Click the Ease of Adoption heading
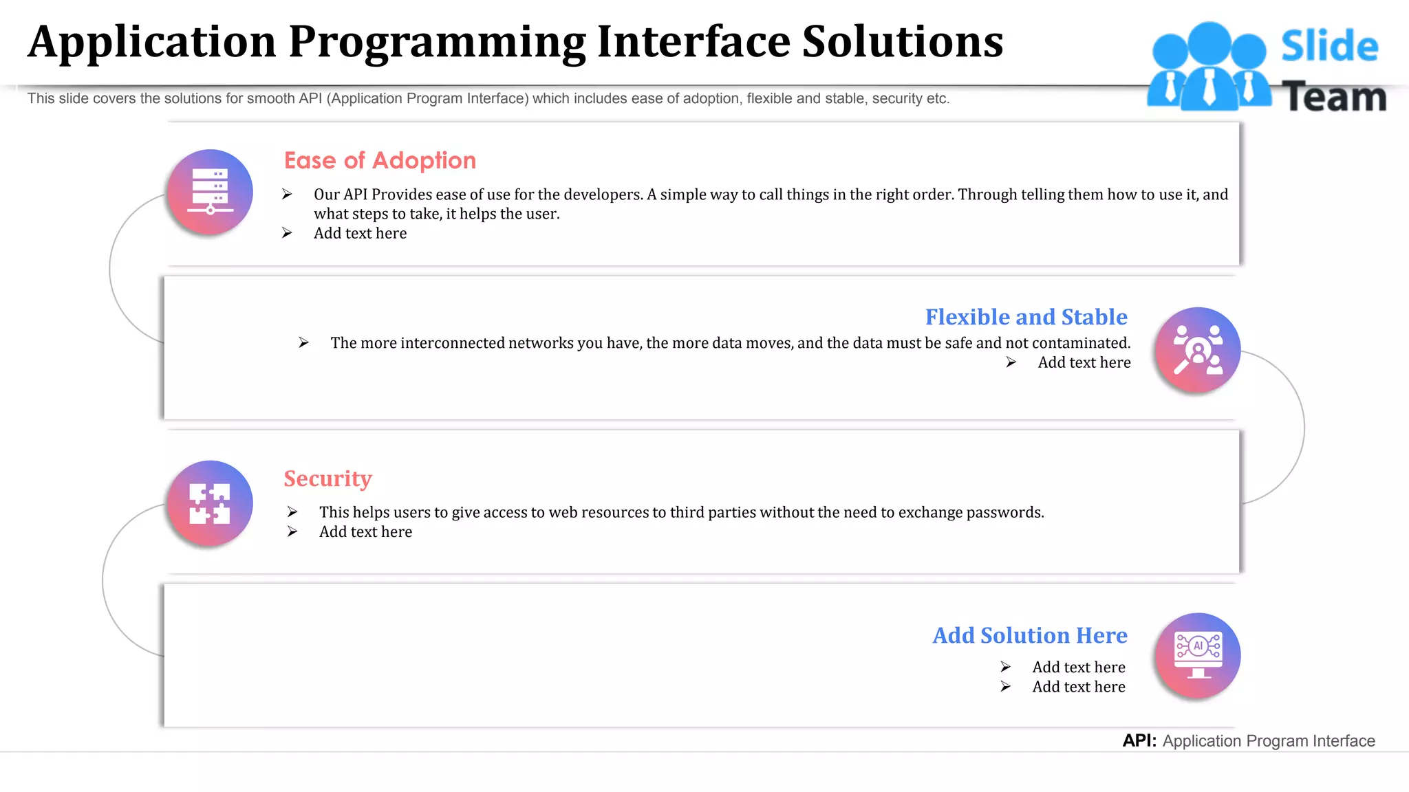pos(380,160)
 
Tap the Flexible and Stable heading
pos(1026,317)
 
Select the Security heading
pos(327,478)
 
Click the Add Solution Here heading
pos(1029,635)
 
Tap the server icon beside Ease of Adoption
pos(210,192)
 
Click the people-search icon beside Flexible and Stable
pos(1197,350)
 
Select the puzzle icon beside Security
pos(210,503)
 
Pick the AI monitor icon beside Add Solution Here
pos(1197,655)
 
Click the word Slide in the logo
pos(1329,47)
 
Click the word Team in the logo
pos(1334,96)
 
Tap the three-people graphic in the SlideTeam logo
pos(1209,67)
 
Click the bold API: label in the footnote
pos(1139,740)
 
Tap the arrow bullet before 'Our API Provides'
pos(287,195)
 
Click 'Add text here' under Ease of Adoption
pos(360,233)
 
